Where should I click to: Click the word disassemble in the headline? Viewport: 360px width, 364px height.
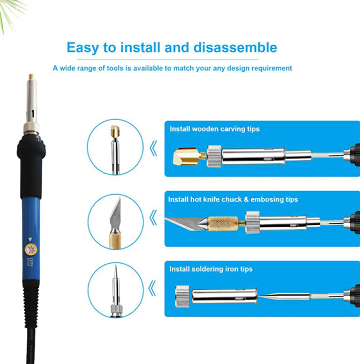click(237, 48)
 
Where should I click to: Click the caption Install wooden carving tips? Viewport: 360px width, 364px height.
click(215, 129)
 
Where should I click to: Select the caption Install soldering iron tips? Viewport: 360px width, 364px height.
click(211, 269)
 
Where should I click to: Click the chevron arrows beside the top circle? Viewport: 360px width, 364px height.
click(153, 148)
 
